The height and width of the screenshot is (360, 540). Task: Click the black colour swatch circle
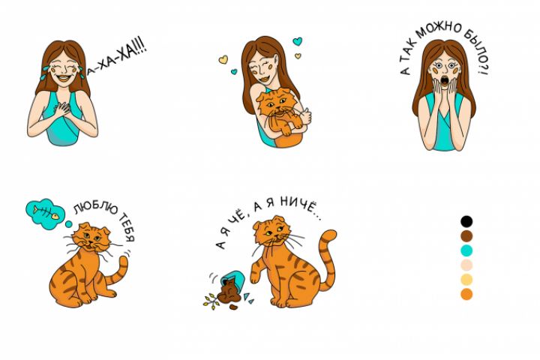click(466, 221)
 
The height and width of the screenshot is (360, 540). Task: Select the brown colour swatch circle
click(466, 236)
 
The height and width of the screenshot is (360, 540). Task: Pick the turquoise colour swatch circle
click(466, 250)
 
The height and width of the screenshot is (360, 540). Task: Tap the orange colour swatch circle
click(466, 294)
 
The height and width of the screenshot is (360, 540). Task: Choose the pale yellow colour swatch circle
click(466, 280)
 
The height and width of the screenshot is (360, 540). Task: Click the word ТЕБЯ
click(127, 228)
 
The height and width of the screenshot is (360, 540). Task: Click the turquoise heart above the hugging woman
click(297, 42)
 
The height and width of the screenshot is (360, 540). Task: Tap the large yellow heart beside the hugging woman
click(223, 59)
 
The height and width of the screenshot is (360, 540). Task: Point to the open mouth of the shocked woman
click(445, 81)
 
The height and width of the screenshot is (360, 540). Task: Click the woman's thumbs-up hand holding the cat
click(305, 116)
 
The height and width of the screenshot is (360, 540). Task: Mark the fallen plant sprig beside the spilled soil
click(211, 301)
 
